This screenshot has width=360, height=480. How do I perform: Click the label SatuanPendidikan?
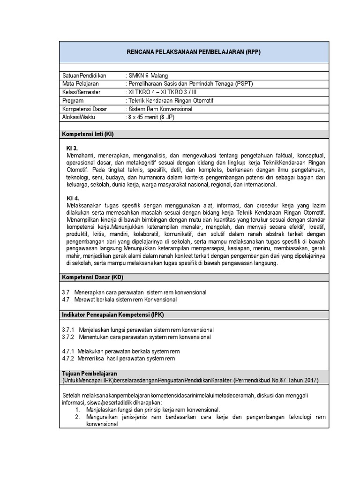click(84, 75)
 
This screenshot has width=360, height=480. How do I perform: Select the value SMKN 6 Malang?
click(148, 75)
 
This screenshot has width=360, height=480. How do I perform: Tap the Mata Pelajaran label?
click(79, 84)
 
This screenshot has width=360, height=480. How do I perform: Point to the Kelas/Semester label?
click(82, 92)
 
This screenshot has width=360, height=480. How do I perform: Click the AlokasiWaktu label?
click(78, 118)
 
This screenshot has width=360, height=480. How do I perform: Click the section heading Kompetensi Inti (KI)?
click(88, 135)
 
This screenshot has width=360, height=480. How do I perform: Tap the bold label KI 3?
click(72, 148)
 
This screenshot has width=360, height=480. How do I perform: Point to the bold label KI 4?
click(73, 198)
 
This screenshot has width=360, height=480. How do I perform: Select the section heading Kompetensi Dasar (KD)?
click(92, 277)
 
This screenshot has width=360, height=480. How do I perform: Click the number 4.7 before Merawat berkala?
click(66, 300)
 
